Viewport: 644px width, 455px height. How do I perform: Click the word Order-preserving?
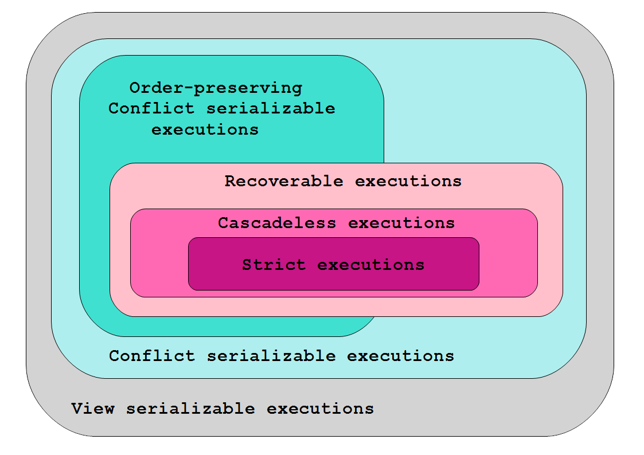(216, 88)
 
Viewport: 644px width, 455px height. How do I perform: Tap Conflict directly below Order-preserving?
(151, 108)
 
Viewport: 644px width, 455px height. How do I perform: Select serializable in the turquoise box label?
(271, 108)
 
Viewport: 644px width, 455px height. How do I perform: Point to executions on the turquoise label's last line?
(205, 130)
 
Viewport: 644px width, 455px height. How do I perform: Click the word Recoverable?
(284, 181)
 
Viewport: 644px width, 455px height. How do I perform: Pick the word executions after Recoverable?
(408, 181)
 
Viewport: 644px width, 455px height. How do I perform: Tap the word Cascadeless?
(277, 223)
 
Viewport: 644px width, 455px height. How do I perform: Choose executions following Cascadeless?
(401, 223)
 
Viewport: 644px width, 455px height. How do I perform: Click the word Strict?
(274, 265)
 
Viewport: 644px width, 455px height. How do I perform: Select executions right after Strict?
(371, 265)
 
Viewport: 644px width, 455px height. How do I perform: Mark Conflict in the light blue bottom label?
(152, 356)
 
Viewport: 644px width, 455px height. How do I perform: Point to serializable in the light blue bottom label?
(271, 356)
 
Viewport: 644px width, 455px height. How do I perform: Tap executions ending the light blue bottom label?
(401, 356)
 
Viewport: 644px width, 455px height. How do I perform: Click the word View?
(93, 408)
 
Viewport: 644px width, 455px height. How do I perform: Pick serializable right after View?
(190, 408)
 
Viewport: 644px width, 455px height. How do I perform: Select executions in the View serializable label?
(321, 409)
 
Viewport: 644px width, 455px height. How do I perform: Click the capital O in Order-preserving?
(135, 88)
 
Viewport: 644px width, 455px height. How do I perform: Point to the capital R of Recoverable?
(231, 181)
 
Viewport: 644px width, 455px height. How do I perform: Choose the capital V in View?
(77, 408)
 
